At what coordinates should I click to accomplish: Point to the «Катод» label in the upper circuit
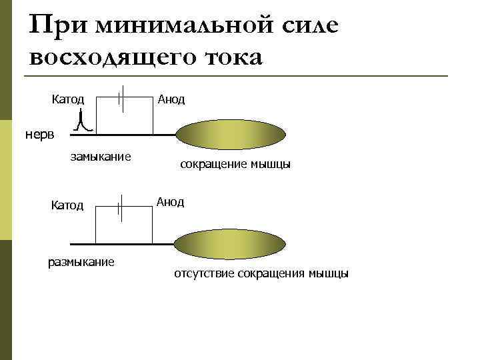pyautogui.click(x=68, y=99)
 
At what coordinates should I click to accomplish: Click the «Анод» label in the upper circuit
pyautogui.click(x=171, y=99)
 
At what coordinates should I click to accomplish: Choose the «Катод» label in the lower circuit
pyautogui.click(x=67, y=205)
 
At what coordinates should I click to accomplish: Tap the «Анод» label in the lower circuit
pyautogui.click(x=170, y=201)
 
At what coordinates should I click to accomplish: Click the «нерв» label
pyautogui.click(x=41, y=134)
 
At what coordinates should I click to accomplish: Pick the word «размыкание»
pyautogui.click(x=81, y=261)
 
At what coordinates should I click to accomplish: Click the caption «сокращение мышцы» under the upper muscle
pyautogui.click(x=235, y=164)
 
